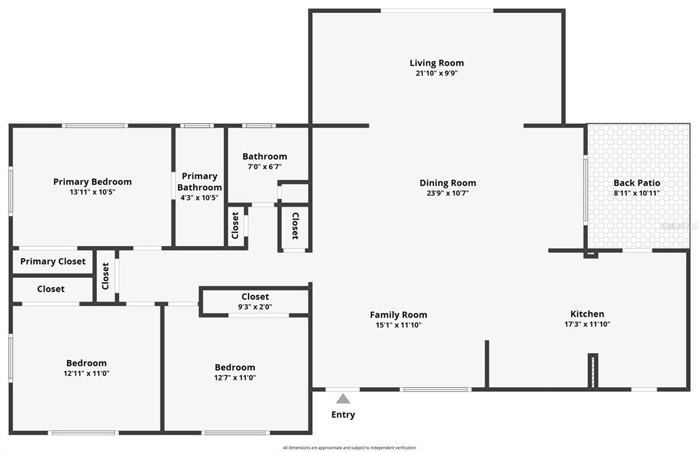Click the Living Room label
437,63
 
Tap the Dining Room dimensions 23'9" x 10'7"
448,193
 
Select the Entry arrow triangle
343,399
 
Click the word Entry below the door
343,415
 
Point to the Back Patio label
637,183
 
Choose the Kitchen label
587,314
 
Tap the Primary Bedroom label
92,181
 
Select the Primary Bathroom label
199,182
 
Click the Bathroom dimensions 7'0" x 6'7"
265,166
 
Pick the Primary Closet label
53,261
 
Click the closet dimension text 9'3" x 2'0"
255,307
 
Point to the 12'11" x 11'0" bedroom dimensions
87,373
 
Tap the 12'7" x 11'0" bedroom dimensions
235,377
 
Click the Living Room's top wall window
437,10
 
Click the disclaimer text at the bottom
349,448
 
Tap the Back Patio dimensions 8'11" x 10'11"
636,193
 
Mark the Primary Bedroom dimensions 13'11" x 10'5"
92,192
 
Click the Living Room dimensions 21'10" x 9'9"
437,73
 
